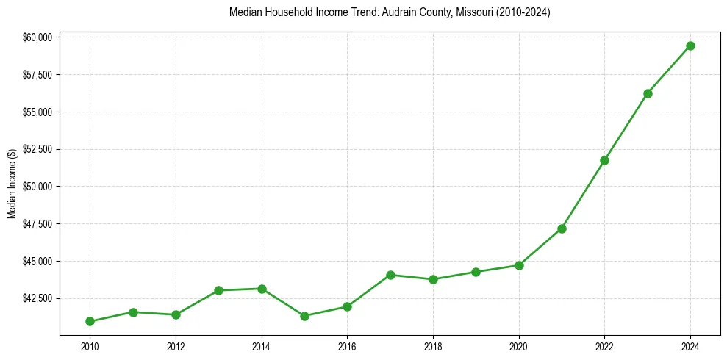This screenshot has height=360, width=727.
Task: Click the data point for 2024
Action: coord(690,46)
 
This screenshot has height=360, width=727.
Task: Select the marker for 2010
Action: coord(90,321)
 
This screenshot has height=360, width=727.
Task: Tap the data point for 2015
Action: coord(304,316)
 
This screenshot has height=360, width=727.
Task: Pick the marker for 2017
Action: coord(390,275)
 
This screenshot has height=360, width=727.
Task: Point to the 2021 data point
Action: coord(562,228)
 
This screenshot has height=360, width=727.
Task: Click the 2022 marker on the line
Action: coord(604,160)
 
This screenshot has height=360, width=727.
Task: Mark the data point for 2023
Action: coord(648,93)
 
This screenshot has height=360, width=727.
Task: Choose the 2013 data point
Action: coord(218,290)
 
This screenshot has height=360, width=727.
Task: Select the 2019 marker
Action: coord(476,272)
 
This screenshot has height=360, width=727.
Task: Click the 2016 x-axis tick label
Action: coord(347,345)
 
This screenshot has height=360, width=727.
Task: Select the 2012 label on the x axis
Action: coord(176,345)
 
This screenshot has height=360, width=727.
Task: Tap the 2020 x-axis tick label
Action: coord(519,345)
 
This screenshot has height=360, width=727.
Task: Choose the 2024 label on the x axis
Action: coord(690,345)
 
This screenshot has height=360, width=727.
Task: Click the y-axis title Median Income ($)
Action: coord(12,183)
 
